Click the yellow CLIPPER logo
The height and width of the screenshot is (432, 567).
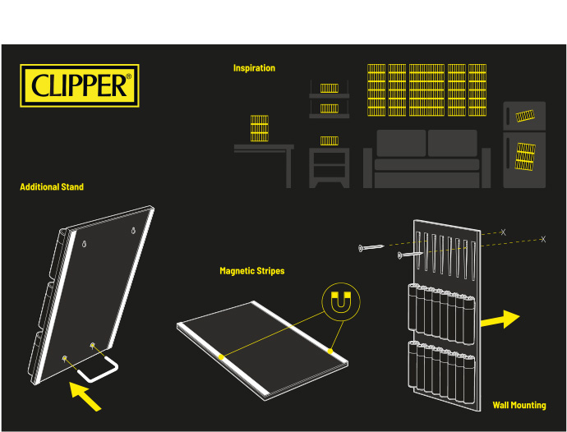click(x=80, y=85)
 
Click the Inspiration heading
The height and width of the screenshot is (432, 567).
click(x=254, y=68)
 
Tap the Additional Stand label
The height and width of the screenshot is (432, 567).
click(x=52, y=187)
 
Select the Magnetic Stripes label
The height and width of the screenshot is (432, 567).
click(x=251, y=270)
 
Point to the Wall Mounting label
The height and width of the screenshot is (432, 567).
click(x=519, y=405)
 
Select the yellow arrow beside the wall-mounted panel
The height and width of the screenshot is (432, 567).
click(x=500, y=319)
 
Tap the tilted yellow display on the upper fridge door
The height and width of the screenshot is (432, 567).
click(x=525, y=116)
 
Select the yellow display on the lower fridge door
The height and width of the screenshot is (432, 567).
click(x=525, y=155)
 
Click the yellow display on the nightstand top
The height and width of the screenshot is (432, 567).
click(x=329, y=141)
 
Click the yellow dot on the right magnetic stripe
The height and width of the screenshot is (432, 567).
click(x=331, y=351)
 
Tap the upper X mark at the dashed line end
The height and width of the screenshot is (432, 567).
click(x=503, y=232)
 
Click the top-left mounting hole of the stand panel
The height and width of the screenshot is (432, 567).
click(x=85, y=244)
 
